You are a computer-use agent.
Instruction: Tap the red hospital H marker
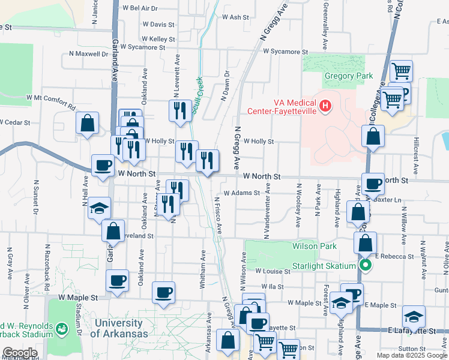coord(325,107)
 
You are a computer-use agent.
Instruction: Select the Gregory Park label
coord(348,76)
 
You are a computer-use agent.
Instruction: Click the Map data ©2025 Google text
coord(412,355)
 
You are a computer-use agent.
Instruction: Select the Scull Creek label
coord(200,90)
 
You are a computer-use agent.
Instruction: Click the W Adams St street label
coord(241,193)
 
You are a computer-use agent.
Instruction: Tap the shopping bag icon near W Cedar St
coord(88,124)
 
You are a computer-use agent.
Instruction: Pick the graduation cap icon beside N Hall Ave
coord(100,208)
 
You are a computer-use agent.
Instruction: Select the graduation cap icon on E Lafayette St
coord(413,316)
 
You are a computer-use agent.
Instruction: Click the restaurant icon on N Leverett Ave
coord(180,110)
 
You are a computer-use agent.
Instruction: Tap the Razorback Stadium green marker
coord(61,328)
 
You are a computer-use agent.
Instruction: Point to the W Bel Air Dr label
coord(140,8)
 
